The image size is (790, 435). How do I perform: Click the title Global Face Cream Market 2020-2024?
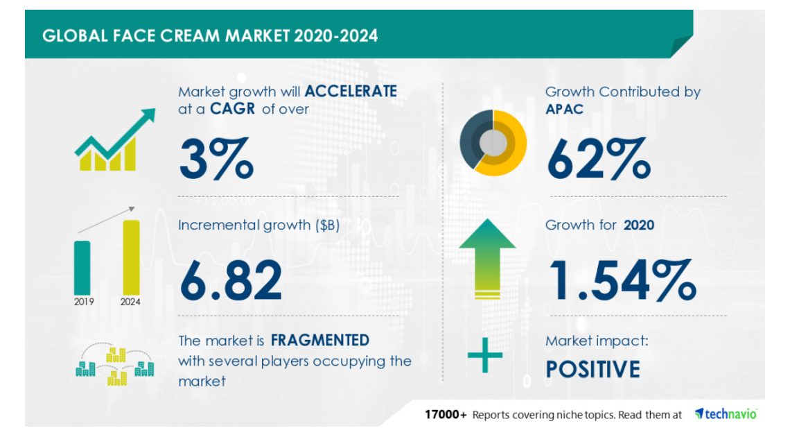pos(210,36)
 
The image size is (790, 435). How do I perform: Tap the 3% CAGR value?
pos(216,158)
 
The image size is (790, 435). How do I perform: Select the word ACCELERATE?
pos(351,92)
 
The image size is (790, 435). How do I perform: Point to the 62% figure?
pos(599,158)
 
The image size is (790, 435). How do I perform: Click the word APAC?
pos(564,109)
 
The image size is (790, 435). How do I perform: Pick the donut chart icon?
pos(493,143)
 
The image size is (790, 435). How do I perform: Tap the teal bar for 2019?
pos(82,268)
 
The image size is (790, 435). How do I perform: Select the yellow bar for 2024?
pos(131,257)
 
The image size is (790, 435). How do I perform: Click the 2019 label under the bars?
pos(84,302)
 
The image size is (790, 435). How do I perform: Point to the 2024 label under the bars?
pos(130,302)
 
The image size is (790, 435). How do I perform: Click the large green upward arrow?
pos(487,258)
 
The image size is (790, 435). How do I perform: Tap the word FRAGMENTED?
pos(320,341)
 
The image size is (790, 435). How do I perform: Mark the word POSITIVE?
pos(593,369)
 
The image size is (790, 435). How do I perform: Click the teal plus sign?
pos(484,355)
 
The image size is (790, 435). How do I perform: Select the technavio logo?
pos(726,413)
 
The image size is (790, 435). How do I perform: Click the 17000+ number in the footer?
pos(446,415)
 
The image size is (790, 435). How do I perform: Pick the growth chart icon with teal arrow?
pos(115,139)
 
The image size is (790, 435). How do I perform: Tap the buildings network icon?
pos(115,364)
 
